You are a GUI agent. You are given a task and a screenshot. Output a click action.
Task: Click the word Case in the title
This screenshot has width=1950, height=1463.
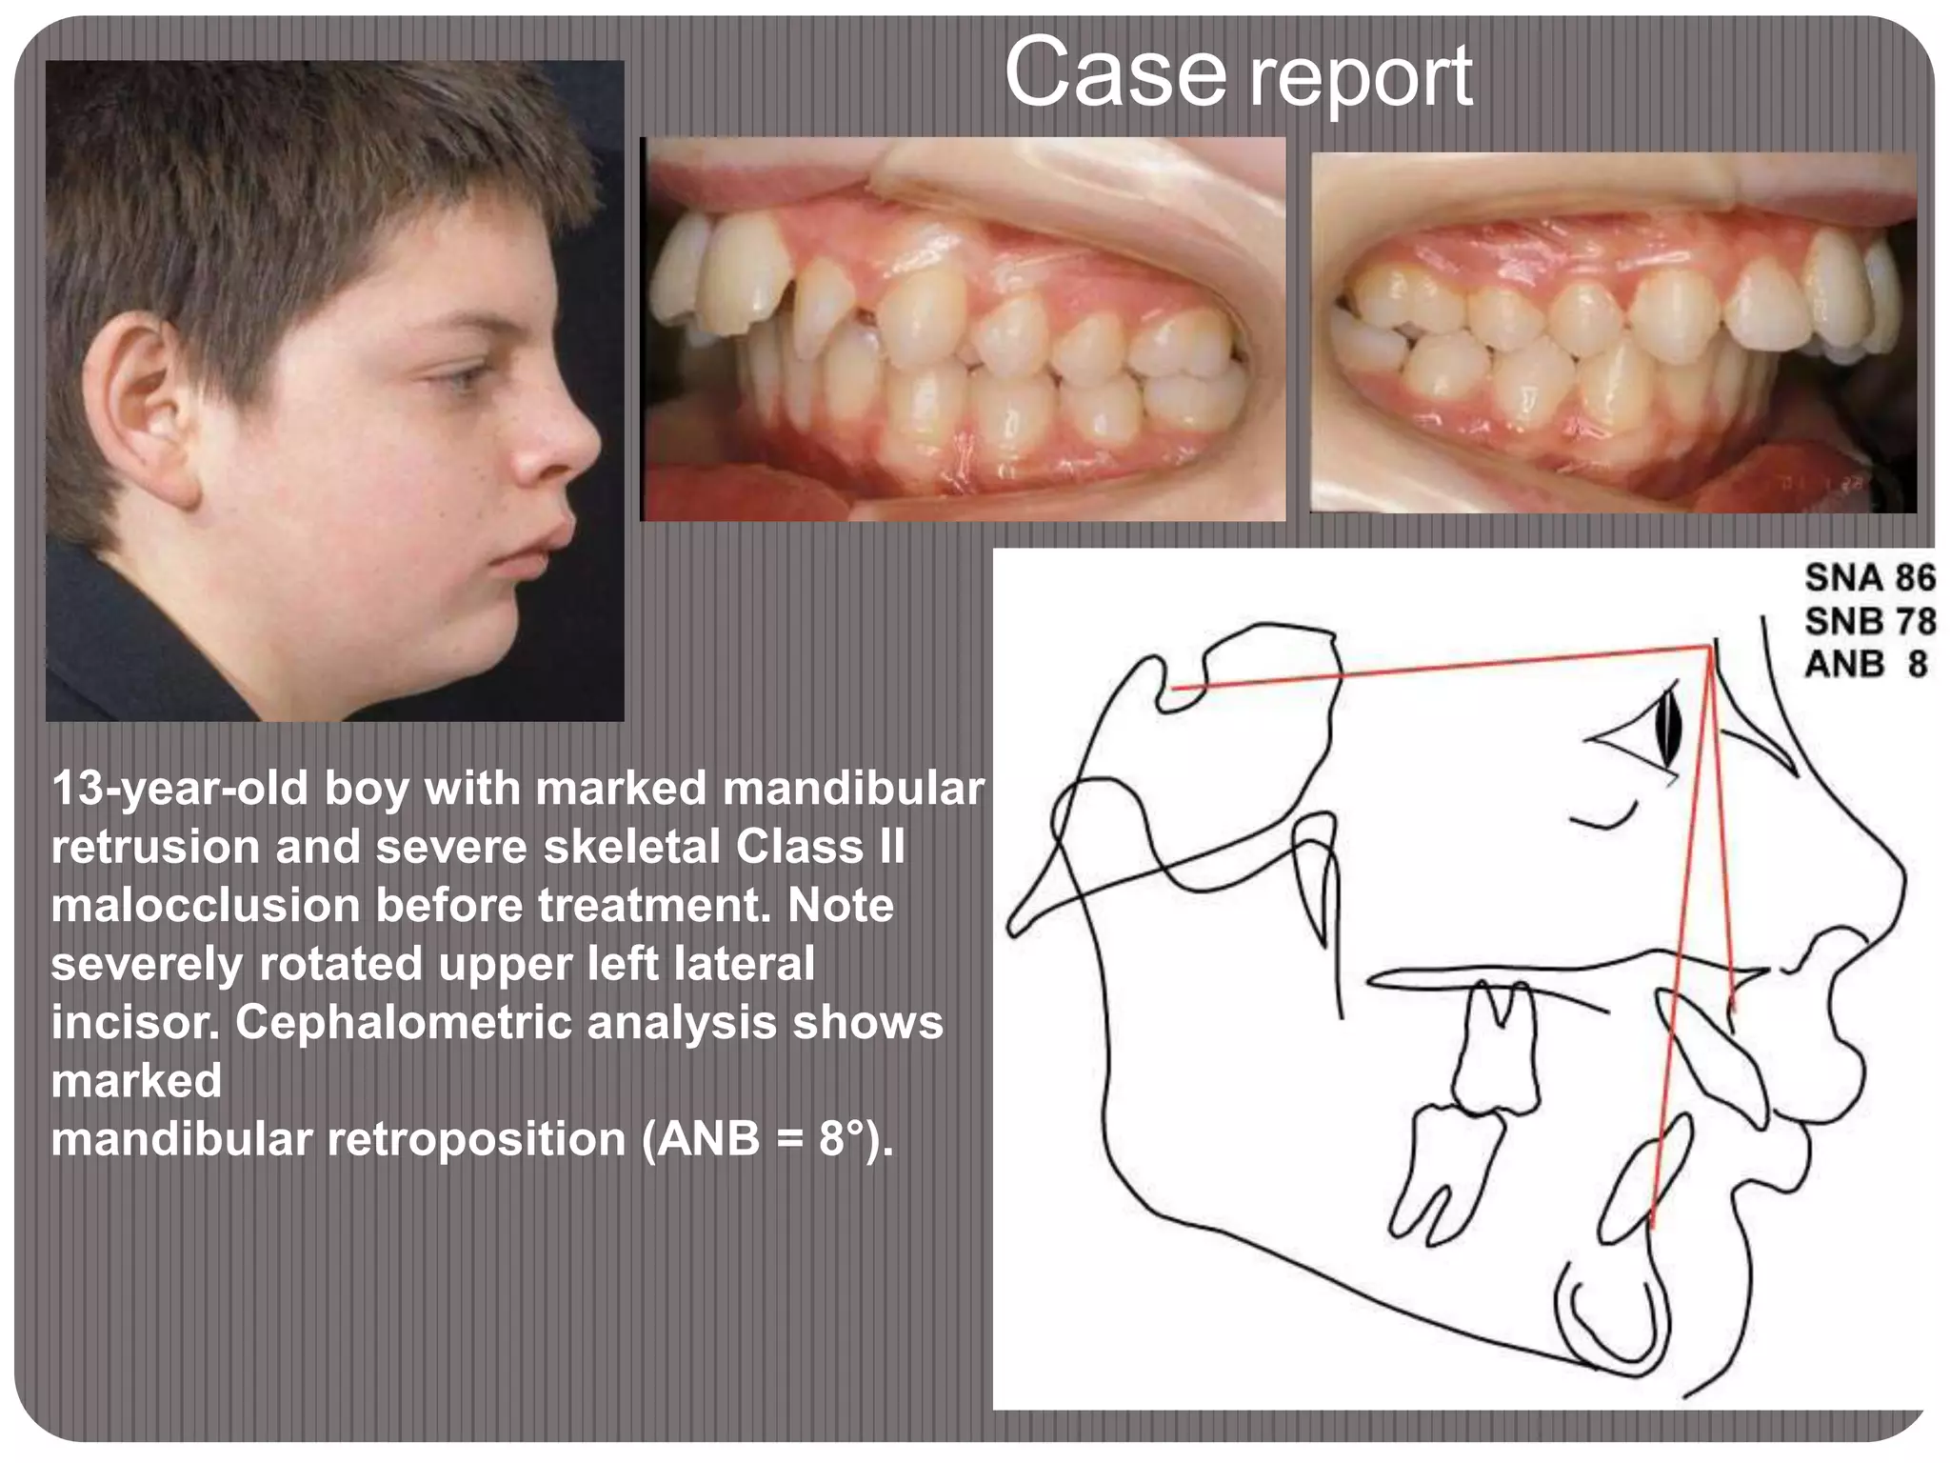[x=1115, y=73]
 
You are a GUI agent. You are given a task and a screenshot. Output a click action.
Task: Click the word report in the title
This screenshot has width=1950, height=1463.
[x=1361, y=78]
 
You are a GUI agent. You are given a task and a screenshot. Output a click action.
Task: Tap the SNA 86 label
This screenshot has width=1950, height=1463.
[x=1870, y=578]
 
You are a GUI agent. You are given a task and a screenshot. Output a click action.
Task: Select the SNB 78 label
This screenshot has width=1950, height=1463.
[x=1870, y=621]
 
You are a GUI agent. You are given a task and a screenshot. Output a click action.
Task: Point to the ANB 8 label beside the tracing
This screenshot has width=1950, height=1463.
[x=1866, y=664]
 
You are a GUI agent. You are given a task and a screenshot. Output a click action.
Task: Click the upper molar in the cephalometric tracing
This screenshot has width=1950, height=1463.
[x=1497, y=1048]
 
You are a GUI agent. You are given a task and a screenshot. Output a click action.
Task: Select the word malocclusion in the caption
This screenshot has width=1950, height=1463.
[x=205, y=905]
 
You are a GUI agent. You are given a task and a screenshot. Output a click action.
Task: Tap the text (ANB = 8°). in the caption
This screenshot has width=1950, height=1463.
[x=767, y=1139]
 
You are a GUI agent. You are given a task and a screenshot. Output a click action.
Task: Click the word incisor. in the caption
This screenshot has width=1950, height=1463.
[x=134, y=1022]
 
